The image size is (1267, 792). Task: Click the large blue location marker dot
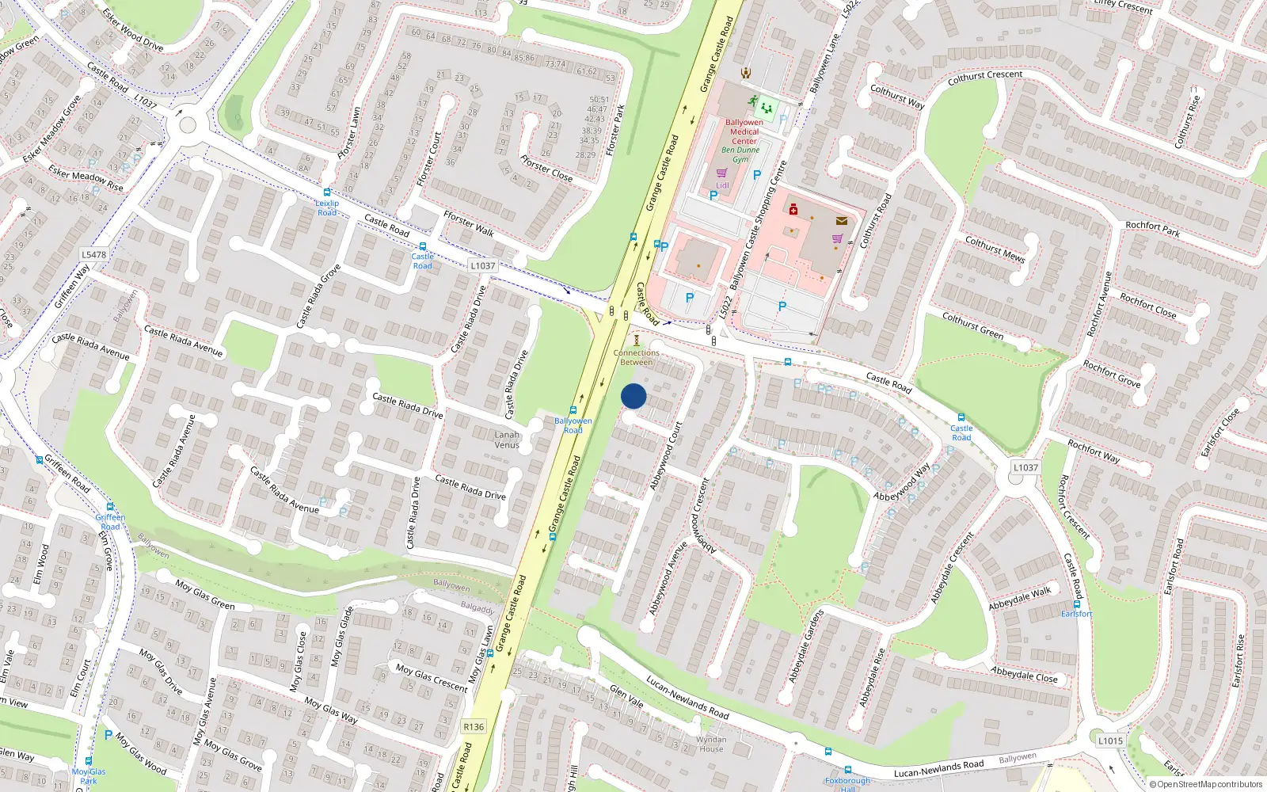pos(633,396)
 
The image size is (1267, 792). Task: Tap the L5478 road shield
pos(93,255)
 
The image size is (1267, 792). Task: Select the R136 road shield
pos(474,726)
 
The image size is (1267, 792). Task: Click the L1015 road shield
pos(1110,741)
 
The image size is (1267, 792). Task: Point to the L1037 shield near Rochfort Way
pos(1025,467)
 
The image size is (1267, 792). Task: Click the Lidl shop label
pos(722,185)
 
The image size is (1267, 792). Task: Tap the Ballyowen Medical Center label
pos(744,131)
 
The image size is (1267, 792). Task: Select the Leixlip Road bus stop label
pos(327,208)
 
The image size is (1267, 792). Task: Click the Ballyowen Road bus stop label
pos(573,425)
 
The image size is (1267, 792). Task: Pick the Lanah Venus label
pos(507,440)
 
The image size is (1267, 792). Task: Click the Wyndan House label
pos(711,744)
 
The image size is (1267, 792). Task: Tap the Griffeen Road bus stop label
pos(110,521)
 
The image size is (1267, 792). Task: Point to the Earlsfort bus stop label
pos(1076,614)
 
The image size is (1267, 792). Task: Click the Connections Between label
pos(636,357)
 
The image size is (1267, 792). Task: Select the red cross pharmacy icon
pos(793,209)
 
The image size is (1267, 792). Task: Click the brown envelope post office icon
pos(841,221)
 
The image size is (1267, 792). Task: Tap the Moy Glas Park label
pos(88,775)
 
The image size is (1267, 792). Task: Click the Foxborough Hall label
pos(847,783)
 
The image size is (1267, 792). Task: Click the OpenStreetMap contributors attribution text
pos(1205,784)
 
